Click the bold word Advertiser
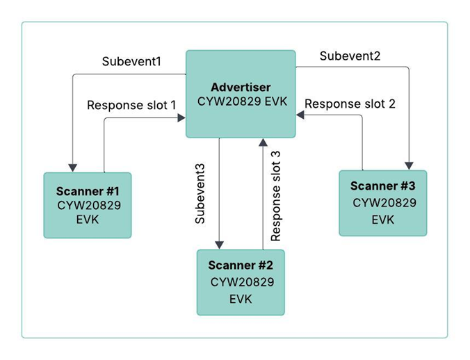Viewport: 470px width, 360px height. (241, 88)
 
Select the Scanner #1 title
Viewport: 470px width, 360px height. (87, 190)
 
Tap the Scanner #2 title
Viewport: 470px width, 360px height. (241, 265)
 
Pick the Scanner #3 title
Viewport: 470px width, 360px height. (383, 186)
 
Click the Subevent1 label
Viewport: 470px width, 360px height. (131, 61)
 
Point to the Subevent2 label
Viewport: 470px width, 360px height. (350, 56)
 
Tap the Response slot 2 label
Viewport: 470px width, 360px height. (350, 104)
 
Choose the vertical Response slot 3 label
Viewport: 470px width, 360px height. (276, 195)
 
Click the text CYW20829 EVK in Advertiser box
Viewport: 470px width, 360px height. (241, 102)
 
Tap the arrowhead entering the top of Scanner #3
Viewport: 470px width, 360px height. (410, 165)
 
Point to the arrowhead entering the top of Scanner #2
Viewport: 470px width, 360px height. (220, 244)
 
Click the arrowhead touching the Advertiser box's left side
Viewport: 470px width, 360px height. (181, 118)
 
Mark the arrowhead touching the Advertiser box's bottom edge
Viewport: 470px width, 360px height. (262, 142)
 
